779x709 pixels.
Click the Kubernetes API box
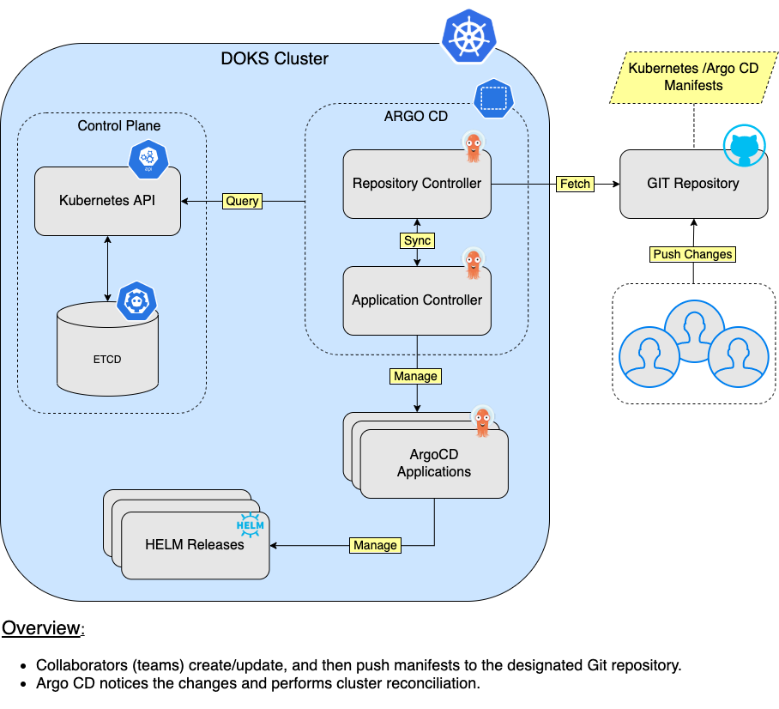click(107, 201)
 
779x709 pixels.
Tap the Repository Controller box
click(417, 184)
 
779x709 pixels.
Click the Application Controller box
click(417, 300)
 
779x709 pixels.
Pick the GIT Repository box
click(693, 184)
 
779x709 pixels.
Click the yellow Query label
click(242, 201)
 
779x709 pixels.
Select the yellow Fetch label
click(575, 184)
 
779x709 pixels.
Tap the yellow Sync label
click(417, 241)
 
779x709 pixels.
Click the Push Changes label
click(692, 254)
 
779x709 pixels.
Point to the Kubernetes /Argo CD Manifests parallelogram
click(693, 76)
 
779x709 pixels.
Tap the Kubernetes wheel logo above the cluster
click(469, 34)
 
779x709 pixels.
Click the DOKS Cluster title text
click(275, 59)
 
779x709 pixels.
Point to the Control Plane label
click(118, 125)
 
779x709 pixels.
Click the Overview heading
click(41, 627)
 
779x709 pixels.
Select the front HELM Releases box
click(195, 545)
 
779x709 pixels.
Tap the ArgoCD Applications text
click(434, 464)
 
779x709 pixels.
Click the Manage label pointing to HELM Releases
click(375, 545)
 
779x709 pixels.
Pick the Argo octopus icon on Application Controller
click(474, 264)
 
